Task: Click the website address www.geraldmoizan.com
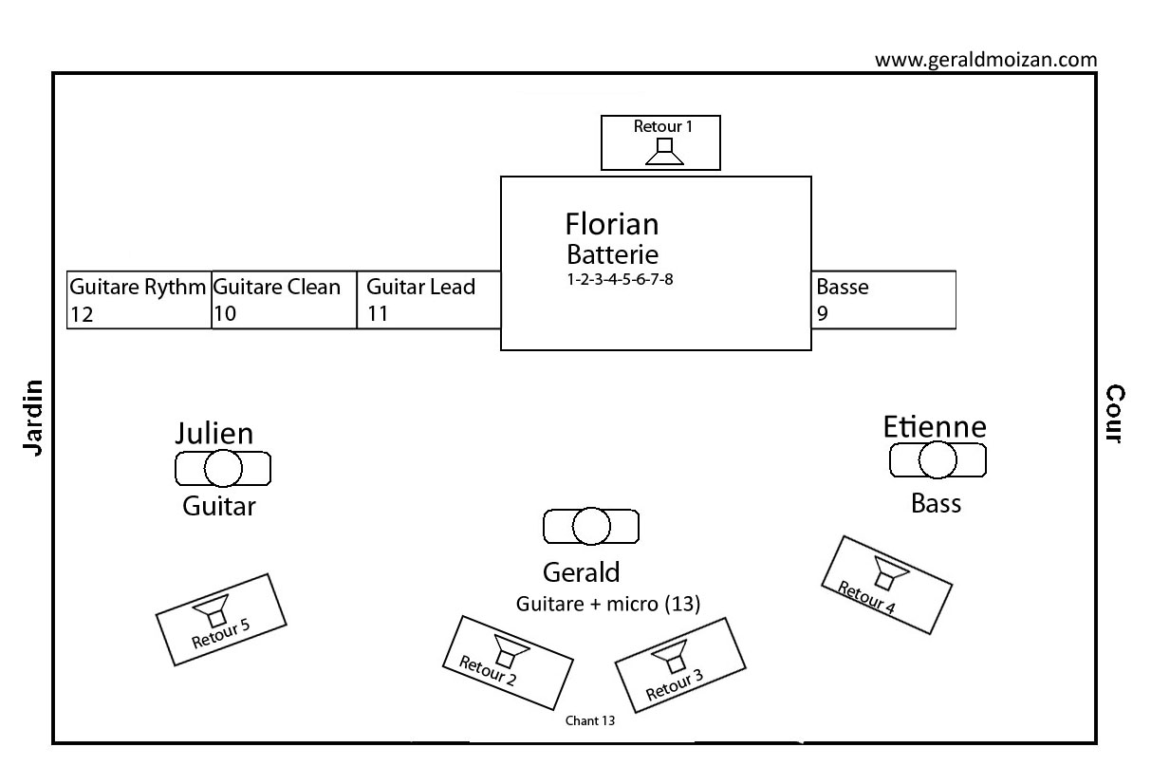coord(986,60)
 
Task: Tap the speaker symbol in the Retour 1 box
coord(665,152)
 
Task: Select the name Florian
coord(612,224)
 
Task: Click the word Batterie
coord(612,254)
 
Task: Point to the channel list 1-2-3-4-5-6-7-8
coord(620,280)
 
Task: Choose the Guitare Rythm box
coord(139,300)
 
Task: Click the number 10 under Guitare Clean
coord(226,314)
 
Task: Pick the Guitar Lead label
coord(420,287)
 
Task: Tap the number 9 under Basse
coord(822,313)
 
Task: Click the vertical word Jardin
coord(34,417)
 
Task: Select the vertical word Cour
coord(1115,414)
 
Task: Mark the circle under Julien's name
coord(224,468)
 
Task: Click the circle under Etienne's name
coord(938,460)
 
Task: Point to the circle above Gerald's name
coord(591,526)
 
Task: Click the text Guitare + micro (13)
coord(607,604)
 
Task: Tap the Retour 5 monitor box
coord(220,620)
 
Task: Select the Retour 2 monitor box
coord(508,663)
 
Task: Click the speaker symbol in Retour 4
coord(891,573)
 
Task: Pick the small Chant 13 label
coord(590,720)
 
